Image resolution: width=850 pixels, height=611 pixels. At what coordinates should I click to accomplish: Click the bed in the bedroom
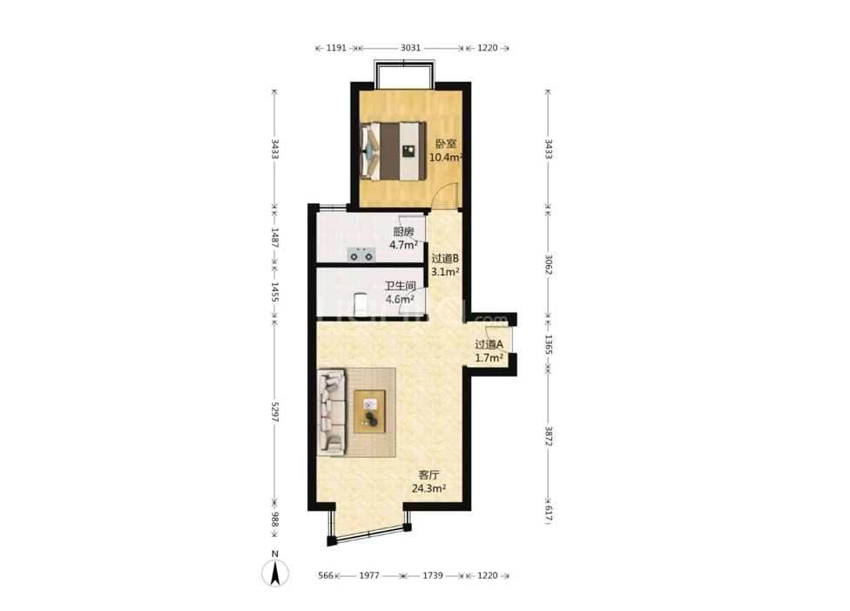point(393,152)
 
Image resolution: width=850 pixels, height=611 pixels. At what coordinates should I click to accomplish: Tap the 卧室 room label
point(446,145)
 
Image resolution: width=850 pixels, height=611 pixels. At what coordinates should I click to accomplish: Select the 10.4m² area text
point(446,158)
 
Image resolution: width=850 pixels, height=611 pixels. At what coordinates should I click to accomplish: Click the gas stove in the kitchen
point(361,254)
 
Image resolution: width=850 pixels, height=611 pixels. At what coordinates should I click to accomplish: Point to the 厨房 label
point(403,232)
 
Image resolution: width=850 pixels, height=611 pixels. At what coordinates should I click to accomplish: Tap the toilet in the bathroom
point(360,303)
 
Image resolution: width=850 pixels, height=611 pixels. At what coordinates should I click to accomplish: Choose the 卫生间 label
point(400,286)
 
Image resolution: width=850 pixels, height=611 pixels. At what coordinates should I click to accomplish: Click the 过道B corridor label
point(445,258)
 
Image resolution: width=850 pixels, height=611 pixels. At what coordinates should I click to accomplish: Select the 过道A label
point(489,344)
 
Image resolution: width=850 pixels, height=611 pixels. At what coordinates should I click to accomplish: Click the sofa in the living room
point(331,412)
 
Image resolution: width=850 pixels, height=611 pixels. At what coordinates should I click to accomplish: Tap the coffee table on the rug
point(370,411)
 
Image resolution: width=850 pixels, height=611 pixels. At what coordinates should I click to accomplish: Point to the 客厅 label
point(428,475)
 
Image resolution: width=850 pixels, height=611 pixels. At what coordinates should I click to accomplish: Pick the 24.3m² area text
point(428,488)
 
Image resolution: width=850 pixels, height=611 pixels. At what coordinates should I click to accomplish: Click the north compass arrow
point(275,574)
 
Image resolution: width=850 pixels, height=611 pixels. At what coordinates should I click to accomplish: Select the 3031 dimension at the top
point(410,48)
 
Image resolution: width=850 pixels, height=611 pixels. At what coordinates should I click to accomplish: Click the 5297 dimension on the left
point(274,412)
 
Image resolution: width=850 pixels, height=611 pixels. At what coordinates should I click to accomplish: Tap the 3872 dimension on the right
point(548,437)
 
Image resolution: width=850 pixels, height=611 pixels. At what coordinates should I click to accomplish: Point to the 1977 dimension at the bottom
point(369,575)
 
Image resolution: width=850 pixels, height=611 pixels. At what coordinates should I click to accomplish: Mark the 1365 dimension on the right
point(548,344)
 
